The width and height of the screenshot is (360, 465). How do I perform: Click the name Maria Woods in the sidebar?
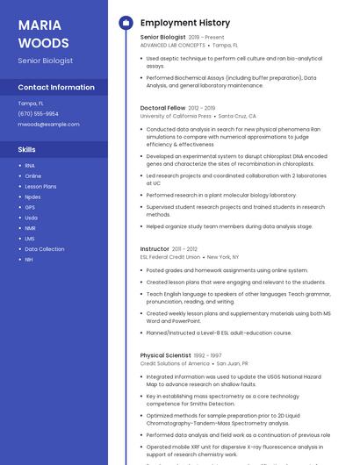click(43, 32)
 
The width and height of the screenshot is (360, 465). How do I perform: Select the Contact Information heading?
click(56, 87)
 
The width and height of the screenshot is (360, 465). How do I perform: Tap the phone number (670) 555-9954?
click(38, 113)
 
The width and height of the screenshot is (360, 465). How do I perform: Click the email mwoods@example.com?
click(48, 124)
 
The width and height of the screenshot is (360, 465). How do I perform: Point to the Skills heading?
click(26, 149)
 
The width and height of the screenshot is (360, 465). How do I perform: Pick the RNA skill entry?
click(30, 166)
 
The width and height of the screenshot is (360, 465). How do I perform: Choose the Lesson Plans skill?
click(40, 186)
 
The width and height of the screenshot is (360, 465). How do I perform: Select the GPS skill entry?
click(30, 207)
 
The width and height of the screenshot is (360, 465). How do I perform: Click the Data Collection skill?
click(44, 248)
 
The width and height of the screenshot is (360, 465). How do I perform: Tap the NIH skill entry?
click(29, 259)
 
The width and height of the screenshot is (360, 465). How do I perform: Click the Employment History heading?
click(185, 23)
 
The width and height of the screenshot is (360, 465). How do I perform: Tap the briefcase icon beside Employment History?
click(126, 23)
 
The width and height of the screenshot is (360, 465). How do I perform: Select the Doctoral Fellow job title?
click(162, 108)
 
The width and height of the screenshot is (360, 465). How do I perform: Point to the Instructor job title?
click(155, 249)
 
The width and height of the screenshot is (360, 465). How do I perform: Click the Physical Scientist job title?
click(166, 355)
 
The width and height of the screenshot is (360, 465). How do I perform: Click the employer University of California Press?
click(176, 116)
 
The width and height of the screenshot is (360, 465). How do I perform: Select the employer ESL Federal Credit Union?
click(170, 257)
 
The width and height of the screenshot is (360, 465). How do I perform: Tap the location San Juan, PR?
click(233, 363)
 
